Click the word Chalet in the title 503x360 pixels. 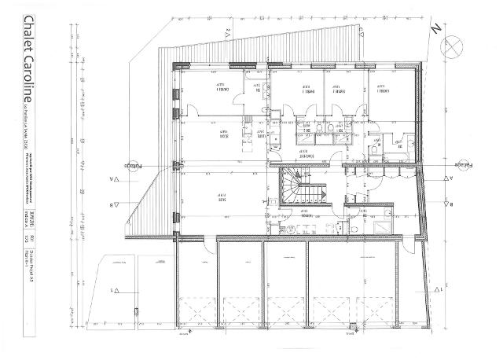[28, 39]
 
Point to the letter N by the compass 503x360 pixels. [435, 28]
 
